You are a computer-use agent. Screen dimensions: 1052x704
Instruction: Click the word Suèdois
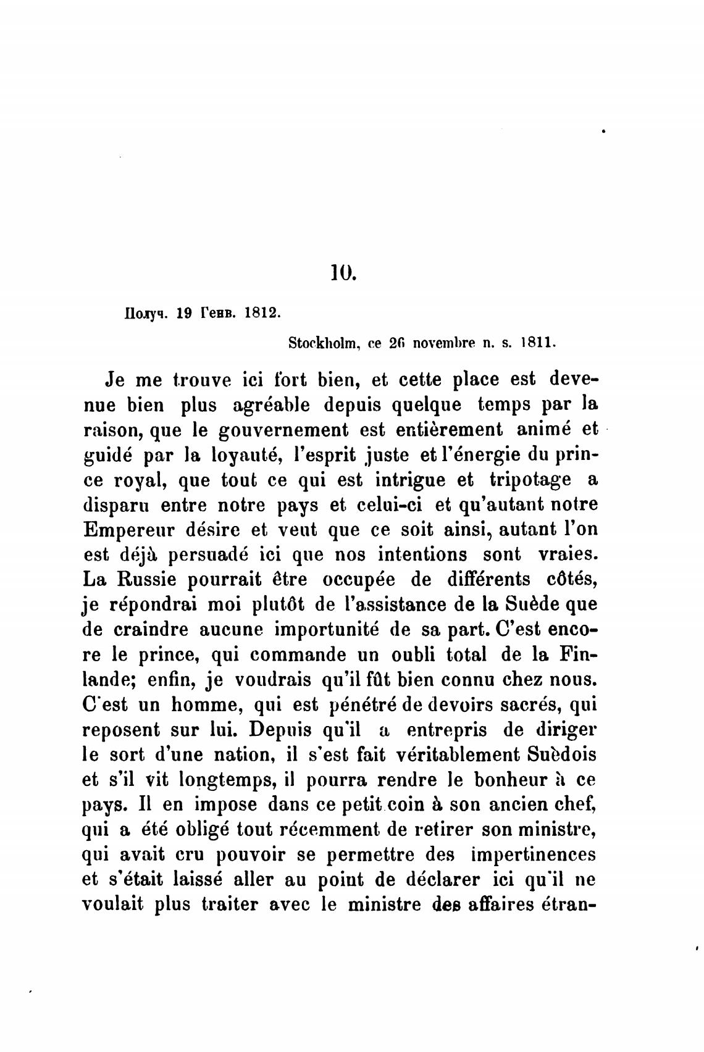coord(563,754)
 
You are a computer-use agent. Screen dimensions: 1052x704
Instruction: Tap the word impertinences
coord(533,855)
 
